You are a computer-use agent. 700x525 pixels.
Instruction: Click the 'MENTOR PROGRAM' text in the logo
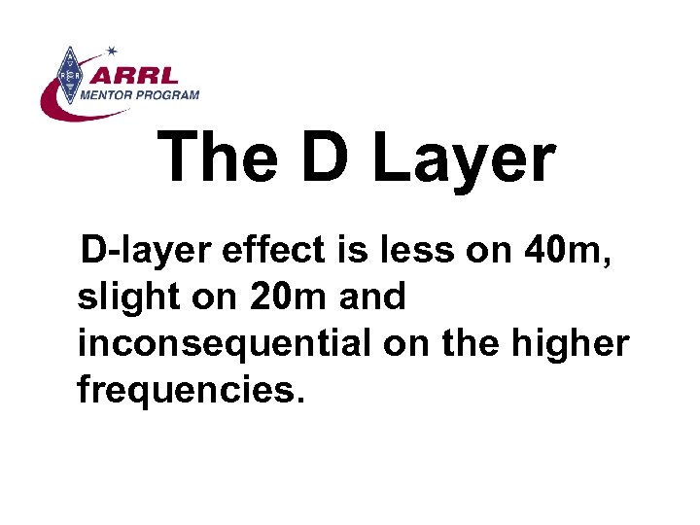(141, 94)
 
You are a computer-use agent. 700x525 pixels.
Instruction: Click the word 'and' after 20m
(373, 297)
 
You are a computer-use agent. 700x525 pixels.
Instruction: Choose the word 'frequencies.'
(192, 390)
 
